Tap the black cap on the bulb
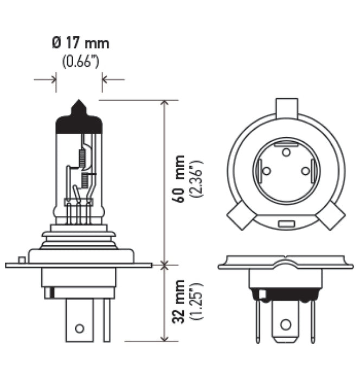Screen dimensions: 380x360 point(79,122)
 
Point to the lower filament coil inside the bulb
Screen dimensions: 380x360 point(85,181)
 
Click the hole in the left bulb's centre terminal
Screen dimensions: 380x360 point(79,328)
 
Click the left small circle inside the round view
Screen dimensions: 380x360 point(266,170)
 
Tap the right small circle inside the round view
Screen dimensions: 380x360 point(305,170)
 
